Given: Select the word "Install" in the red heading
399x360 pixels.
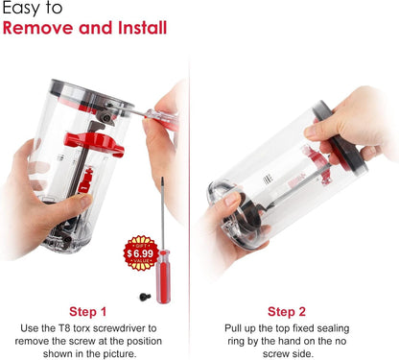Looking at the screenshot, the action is pyautogui.click(x=142, y=28).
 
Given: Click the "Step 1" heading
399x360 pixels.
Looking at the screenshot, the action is pyautogui.click(x=87, y=311).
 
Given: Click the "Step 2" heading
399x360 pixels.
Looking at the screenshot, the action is pyautogui.click(x=287, y=311).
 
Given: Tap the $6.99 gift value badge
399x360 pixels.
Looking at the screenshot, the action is pyautogui.click(x=141, y=253).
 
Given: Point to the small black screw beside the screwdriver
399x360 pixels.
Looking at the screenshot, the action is pyautogui.click(x=145, y=297).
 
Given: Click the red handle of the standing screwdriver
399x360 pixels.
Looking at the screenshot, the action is pyautogui.click(x=163, y=277).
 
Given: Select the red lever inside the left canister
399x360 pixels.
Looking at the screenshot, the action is pyautogui.click(x=94, y=143).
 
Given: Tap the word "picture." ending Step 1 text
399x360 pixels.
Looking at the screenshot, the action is pyautogui.click(x=120, y=354).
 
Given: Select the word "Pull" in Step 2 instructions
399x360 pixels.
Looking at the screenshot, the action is pyautogui.click(x=232, y=328).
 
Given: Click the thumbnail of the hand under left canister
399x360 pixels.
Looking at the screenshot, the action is pyautogui.click(x=85, y=201).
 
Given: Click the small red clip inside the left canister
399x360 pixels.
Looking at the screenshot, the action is pyautogui.click(x=85, y=180).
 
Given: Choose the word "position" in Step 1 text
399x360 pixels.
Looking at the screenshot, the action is pyautogui.click(x=144, y=341).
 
